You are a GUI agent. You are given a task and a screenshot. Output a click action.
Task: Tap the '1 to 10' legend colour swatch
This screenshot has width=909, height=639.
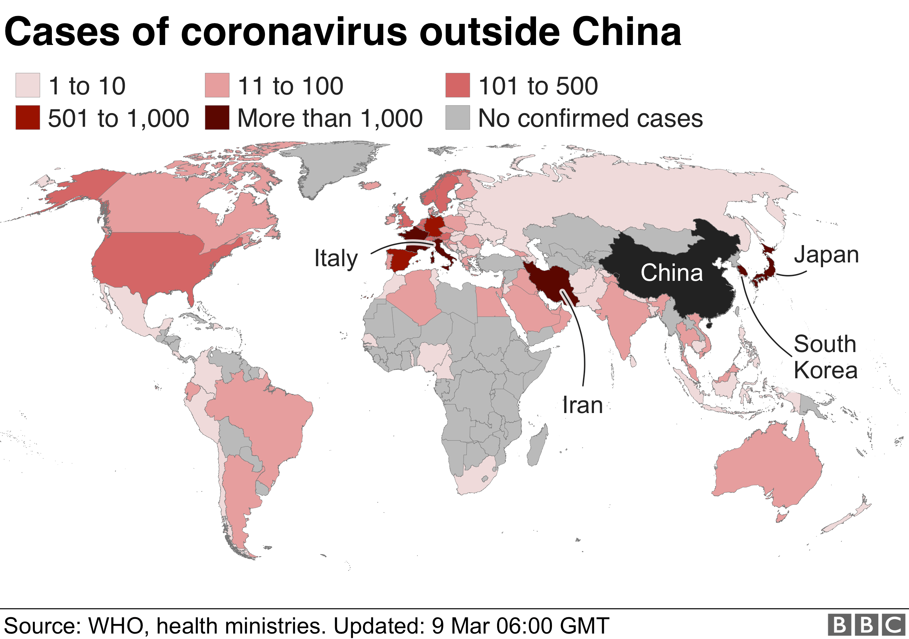coord(28,85)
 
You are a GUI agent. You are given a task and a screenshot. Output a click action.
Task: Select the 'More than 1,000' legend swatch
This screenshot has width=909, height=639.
coord(217,118)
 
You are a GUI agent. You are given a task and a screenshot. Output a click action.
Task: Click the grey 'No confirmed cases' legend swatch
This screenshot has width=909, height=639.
coord(458,118)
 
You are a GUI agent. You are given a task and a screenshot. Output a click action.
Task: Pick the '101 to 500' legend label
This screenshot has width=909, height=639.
coord(538,86)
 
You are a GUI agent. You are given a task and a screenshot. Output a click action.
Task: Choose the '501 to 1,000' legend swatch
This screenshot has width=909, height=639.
coord(28,118)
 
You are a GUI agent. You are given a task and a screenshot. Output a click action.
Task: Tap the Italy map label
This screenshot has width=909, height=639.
coord(336,258)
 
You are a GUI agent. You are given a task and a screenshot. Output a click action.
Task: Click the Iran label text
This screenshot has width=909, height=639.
coord(582,406)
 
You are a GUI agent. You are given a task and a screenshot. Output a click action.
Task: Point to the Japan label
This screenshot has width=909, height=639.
coord(826,255)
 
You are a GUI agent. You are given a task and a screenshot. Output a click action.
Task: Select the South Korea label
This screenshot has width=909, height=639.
coord(825,357)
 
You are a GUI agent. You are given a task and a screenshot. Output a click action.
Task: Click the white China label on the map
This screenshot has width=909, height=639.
coord(671,273)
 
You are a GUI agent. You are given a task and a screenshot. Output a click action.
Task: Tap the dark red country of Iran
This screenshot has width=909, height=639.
coord(552,283)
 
